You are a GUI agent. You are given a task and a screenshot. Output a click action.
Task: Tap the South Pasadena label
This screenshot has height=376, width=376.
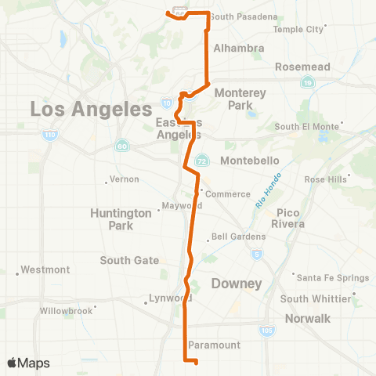(x=244, y=16)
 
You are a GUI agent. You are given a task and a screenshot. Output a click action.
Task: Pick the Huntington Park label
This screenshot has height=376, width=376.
(x=121, y=219)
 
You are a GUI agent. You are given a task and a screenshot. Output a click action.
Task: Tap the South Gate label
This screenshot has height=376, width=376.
(x=129, y=260)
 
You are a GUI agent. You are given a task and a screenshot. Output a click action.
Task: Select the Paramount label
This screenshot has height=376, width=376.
(x=215, y=345)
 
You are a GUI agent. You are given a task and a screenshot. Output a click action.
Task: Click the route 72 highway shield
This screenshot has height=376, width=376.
(x=201, y=158)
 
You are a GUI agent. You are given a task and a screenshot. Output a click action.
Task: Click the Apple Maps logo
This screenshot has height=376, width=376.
(x=28, y=363)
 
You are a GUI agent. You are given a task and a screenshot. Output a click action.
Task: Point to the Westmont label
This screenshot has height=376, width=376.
(x=45, y=269)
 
